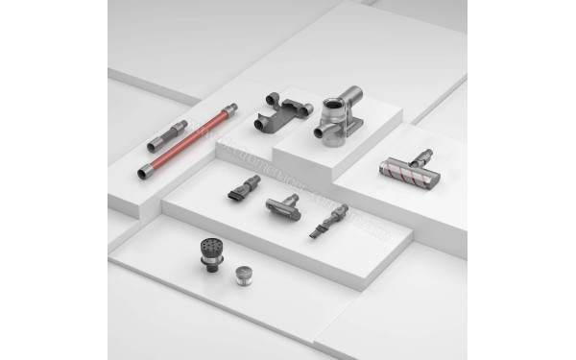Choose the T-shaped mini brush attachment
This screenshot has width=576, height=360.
click(282, 205)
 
